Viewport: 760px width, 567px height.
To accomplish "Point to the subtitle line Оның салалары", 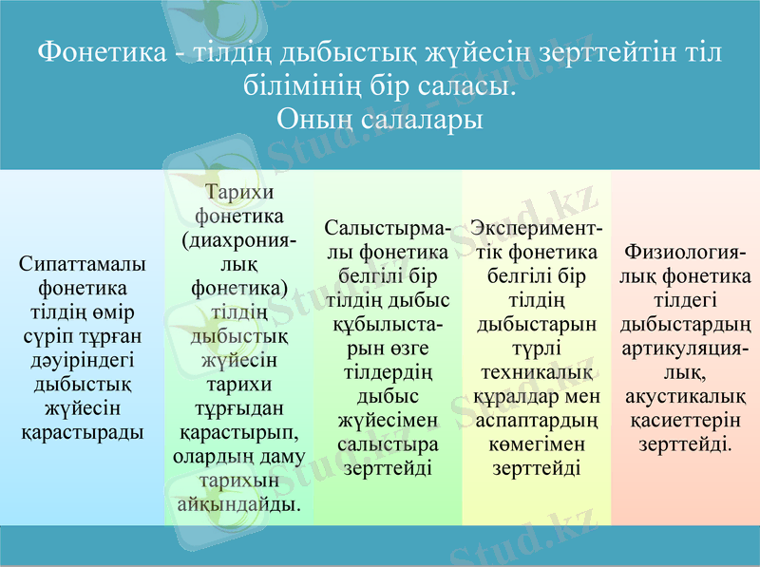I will pyautogui.click(x=380, y=120).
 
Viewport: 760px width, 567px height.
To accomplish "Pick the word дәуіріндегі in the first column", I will pyautogui.click(x=83, y=360).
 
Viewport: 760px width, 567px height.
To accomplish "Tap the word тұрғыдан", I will pyautogui.click(x=239, y=408).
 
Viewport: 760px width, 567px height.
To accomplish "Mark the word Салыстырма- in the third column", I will pyautogui.click(x=389, y=229).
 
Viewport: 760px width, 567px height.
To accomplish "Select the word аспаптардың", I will pyautogui.click(x=536, y=419).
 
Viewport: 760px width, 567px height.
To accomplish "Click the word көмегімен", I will pyautogui.click(x=536, y=443).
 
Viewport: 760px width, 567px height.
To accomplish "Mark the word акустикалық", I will pyautogui.click(x=685, y=396).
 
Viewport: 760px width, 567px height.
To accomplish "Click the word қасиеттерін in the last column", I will pyautogui.click(x=685, y=420).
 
